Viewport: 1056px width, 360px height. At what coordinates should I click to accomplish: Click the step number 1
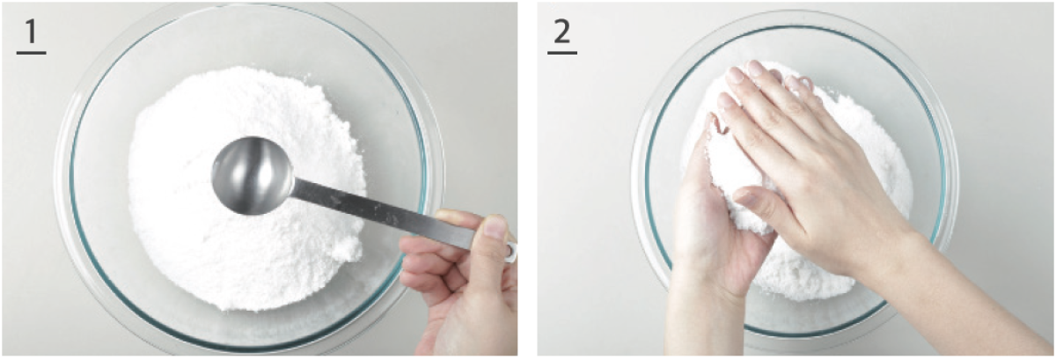point(31,31)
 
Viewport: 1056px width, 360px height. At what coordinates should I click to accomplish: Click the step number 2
point(562,31)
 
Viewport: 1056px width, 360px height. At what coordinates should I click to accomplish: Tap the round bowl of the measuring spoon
point(253,175)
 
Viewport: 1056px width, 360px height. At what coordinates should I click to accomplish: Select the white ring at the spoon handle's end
point(511,252)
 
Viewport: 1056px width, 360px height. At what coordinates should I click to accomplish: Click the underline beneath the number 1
point(31,53)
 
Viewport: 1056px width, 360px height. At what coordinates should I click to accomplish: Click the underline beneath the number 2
point(562,53)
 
